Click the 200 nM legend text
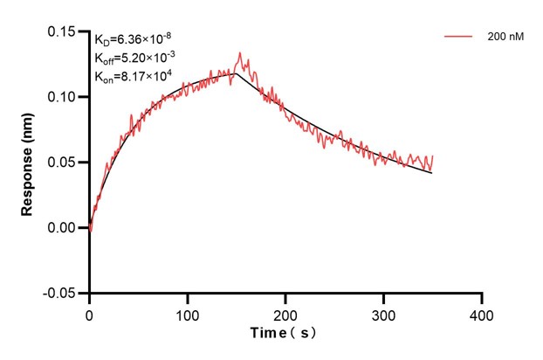pos(505,38)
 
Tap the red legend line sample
pos(460,38)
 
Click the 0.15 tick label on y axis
pos(64,31)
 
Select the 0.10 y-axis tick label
pos(64,97)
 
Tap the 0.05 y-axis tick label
pos(64,163)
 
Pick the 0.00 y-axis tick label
pos(64,228)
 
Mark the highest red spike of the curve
pos(240,52)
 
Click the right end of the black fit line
pos(431,173)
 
